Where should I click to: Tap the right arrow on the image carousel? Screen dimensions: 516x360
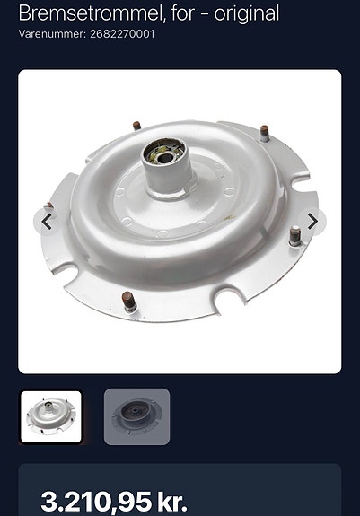pyautogui.click(x=312, y=222)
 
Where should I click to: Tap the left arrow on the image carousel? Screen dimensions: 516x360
pyautogui.click(x=47, y=222)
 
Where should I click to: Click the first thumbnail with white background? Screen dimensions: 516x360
pyautogui.click(x=51, y=416)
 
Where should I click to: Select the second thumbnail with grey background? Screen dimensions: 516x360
pyautogui.click(x=136, y=416)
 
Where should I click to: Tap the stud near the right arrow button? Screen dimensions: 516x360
pyautogui.click(x=295, y=236)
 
